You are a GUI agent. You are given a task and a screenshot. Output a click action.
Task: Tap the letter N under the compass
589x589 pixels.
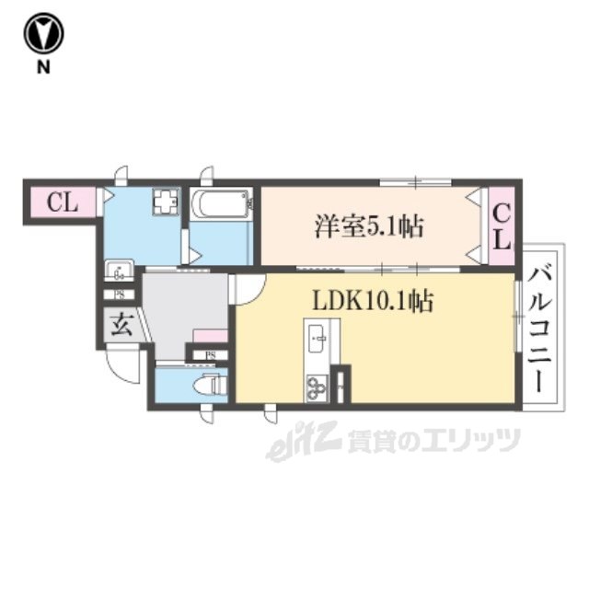[43, 67]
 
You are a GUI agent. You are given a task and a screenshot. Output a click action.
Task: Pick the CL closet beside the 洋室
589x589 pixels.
[502, 225]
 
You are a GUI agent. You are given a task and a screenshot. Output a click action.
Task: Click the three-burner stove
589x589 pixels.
[317, 387]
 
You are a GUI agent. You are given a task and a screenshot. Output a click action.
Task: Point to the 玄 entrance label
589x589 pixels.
[121, 323]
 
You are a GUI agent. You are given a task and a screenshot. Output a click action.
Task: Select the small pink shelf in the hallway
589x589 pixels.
[211, 336]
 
